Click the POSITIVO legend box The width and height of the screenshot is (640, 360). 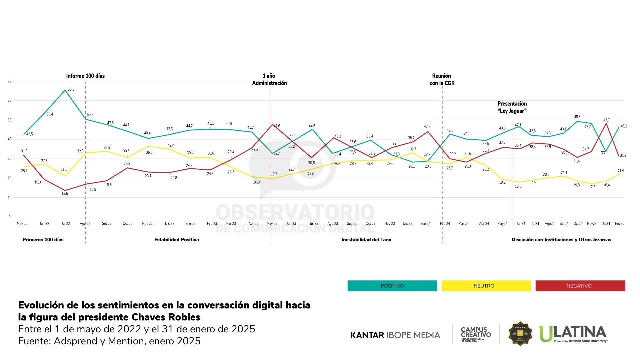392,286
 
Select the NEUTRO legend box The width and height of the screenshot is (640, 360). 486,286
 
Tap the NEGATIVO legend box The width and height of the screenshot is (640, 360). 580,286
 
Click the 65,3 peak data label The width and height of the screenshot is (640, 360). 71,89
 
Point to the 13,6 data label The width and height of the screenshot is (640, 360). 65,194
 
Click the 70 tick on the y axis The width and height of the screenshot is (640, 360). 10,81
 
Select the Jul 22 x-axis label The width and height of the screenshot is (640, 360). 66,224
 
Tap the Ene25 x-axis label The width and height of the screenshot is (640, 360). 619,224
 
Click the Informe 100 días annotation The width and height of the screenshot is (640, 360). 85,76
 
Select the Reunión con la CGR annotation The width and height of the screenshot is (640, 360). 442,80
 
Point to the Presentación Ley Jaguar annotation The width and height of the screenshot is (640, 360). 512,107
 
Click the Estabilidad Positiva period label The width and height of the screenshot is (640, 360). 177,240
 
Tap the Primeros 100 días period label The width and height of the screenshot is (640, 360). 43,240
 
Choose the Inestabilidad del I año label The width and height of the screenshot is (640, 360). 366,240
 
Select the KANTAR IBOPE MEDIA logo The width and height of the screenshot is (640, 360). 395,335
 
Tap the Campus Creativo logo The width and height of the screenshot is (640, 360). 476,334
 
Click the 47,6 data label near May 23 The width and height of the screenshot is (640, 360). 277,126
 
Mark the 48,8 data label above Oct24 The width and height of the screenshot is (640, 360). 577,117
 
